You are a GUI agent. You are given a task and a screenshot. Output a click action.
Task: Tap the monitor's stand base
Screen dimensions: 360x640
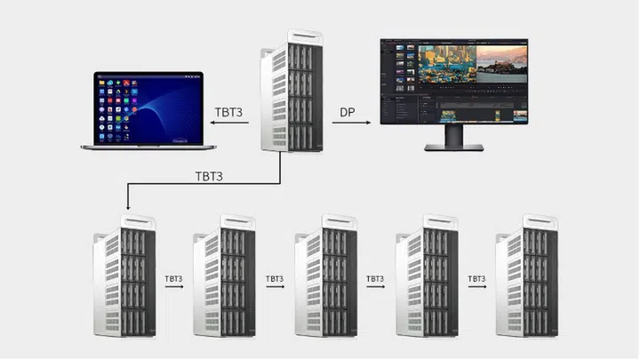click(x=453, y=147)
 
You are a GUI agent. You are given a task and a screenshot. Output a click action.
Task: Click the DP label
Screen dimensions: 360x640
click(x=348, y=114)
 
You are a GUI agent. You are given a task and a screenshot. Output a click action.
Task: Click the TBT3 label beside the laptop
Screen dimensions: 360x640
click(x=230, y=114)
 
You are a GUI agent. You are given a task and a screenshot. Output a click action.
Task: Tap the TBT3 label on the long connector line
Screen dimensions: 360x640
click(x=209, y=175)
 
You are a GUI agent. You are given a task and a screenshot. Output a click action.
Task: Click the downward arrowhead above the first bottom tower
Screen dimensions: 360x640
click(x=128, y=206)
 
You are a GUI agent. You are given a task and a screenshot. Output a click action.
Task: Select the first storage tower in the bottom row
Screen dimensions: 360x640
click(x=124, y=276)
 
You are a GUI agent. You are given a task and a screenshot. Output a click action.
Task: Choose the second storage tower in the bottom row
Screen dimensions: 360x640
click(x=224, y=276)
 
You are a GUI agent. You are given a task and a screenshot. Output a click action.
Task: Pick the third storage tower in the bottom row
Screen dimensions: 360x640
click(x=325, y=276)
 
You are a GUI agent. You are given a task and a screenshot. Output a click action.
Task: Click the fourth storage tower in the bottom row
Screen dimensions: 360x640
click(x=426, y=276)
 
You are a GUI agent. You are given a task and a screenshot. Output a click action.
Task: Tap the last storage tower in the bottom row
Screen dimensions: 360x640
click(x=527, y=276)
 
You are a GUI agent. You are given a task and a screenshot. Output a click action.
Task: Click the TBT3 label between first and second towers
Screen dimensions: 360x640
click(x=173, y=278)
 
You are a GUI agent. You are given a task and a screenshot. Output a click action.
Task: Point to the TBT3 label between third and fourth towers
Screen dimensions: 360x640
click(x=375, y=278)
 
